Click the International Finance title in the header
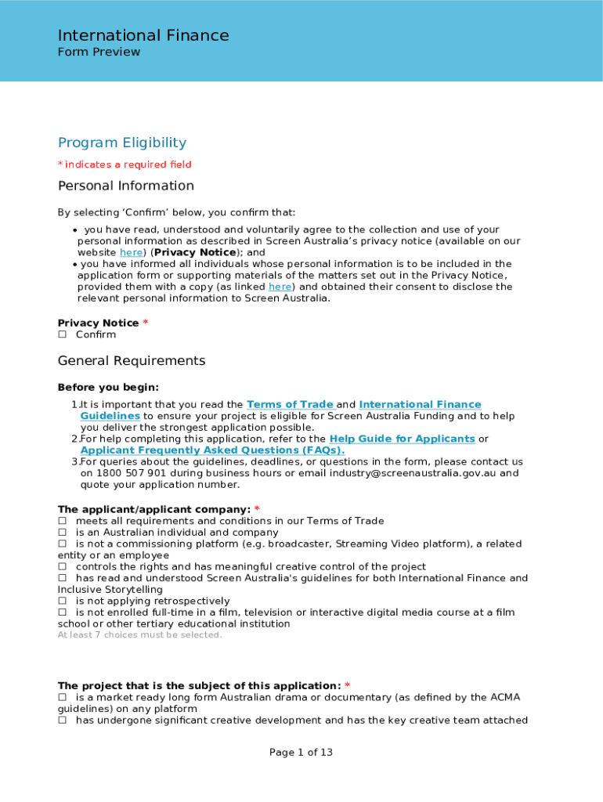143,35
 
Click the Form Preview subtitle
99,52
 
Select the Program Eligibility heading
122,143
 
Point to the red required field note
125,164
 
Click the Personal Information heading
125,186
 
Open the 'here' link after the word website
131,253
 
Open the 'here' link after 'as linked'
280,287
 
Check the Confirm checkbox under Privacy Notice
63,335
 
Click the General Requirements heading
132,361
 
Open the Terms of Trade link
290,405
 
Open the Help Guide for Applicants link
402,439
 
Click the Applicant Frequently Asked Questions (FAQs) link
211,450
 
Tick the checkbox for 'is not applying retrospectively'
63,601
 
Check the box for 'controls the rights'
63,567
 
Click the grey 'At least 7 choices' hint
140,635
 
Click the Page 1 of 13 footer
301,753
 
